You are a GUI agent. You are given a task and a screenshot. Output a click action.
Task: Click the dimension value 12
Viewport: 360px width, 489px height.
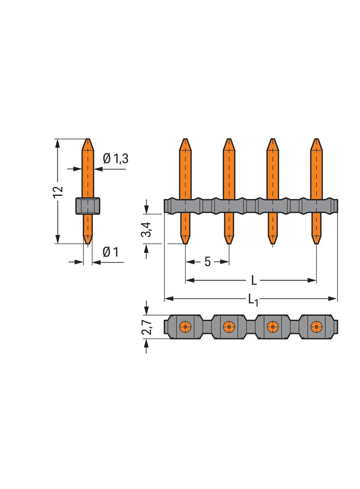point(57,192)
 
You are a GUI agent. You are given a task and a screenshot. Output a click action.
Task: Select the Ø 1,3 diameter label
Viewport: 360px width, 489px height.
point(115,159)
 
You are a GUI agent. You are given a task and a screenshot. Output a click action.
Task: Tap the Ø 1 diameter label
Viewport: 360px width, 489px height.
point(111,252)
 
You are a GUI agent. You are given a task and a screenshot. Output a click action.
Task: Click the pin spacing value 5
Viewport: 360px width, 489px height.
point(207,261)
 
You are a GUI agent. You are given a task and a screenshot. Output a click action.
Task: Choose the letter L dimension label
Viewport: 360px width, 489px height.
point(253,280)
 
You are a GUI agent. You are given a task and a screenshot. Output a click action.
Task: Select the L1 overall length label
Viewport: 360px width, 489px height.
point(253,300)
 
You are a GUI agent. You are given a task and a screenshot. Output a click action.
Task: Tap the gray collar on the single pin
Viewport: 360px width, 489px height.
point(87,206)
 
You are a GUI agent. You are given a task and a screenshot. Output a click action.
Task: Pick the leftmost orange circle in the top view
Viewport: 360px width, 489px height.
point(185,327)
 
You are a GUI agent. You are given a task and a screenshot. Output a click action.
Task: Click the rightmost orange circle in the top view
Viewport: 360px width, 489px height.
point(316,327)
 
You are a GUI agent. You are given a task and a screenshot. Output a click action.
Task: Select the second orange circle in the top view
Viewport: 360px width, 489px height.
point(229,327)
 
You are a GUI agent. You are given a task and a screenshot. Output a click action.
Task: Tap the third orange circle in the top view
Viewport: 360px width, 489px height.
point(273,327)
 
